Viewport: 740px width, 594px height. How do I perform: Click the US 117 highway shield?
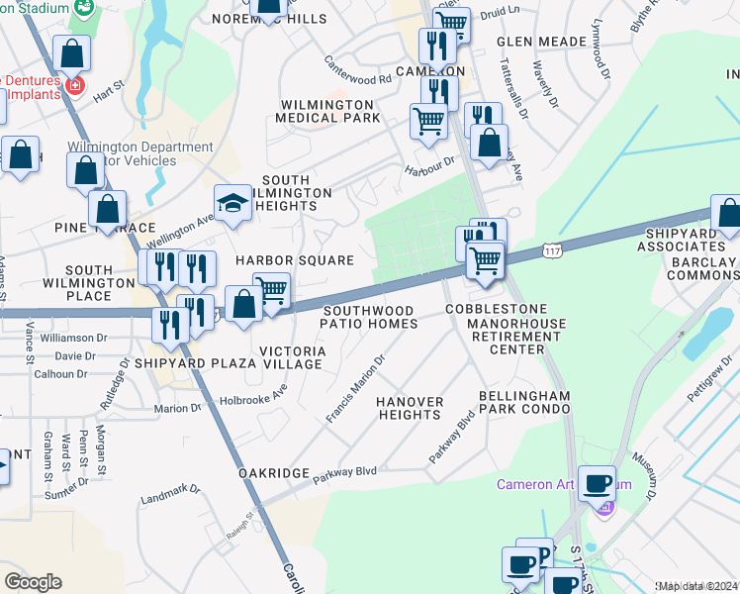tap(554, 251)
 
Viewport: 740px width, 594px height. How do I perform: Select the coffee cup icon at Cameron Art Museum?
tap(597, 483)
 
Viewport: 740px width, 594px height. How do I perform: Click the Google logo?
tap(33, 582)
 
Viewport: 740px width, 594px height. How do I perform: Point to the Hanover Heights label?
tap(408, 408)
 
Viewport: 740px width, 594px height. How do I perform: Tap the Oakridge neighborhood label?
tap(274, 473)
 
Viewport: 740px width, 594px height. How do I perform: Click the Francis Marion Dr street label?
tap(355, 389)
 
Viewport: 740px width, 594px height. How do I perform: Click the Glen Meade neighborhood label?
tap(535, 42)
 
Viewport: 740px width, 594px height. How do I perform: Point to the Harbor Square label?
tap(294, 260)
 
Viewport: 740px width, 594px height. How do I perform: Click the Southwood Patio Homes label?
tap(369, 317)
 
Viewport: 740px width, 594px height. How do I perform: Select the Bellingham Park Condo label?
tap(524, 402)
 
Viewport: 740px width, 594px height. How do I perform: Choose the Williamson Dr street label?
tap(75, 338)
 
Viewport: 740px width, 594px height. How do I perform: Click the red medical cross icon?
tap(73, 86)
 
